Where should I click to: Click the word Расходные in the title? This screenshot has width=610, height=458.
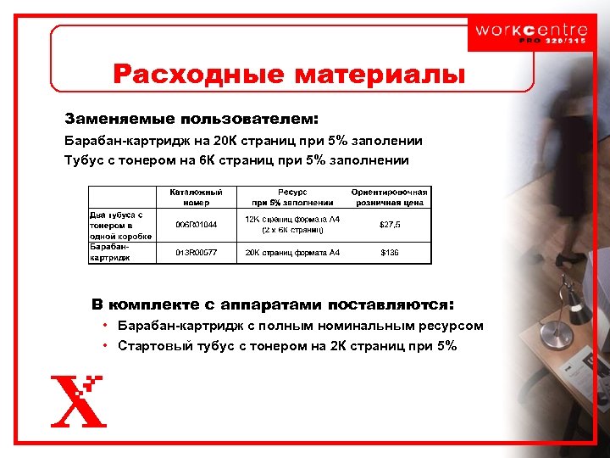(200, 75)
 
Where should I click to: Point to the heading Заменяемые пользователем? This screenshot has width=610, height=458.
(193, 116)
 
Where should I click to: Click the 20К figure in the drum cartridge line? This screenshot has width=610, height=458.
(203, 141)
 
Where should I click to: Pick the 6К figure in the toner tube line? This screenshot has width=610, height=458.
(197, 159)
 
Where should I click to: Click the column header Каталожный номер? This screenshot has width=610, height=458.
(196, 197)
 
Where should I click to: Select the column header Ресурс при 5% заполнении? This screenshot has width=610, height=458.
(292, 197)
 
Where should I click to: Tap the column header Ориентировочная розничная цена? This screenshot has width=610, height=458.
(390, 197)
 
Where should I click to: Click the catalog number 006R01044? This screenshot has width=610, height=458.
(196, 225)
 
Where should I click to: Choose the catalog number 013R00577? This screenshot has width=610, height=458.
(196, 253)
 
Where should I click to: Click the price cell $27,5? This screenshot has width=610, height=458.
(390, 225)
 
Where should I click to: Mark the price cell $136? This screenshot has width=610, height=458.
(390, 253)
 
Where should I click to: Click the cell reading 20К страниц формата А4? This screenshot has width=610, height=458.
(292, 253)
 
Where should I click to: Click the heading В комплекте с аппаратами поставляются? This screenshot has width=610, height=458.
(273, 304)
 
